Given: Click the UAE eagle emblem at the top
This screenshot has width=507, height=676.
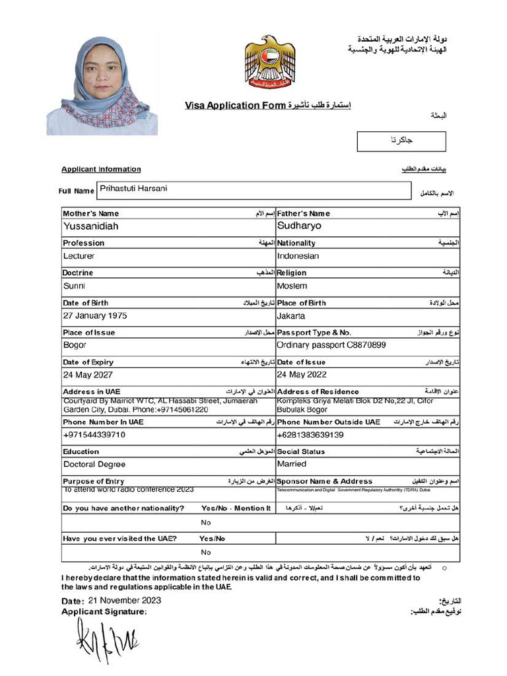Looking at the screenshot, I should tap(270, 61).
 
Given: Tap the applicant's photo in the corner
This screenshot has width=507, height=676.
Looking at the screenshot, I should tap(102, 86).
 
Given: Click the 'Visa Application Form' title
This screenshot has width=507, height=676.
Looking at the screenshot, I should tap(235, 106).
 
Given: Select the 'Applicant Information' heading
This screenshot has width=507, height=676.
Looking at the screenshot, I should tap(101, 169).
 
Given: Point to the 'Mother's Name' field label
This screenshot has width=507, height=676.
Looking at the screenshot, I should tap(91, 213).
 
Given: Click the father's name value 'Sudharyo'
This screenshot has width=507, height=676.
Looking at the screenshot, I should tap(299, 226).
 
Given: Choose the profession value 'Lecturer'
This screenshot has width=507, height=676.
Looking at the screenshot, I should tap(79, 256).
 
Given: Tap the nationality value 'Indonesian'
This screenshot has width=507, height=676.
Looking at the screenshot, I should tap(298, 256).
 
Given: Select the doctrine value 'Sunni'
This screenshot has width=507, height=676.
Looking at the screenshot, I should tap(74, 286).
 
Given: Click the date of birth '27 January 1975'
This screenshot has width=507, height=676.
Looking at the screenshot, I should tap(95, 316).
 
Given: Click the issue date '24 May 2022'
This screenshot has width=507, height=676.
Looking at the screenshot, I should tap(302, 375).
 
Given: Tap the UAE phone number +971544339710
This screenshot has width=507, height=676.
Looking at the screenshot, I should tap(94, 435).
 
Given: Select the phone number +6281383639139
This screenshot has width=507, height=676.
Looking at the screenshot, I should tap(310, 435).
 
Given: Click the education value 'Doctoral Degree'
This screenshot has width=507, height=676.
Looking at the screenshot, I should tap(94, 465).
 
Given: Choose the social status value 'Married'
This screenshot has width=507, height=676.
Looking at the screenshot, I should tap(292, 464).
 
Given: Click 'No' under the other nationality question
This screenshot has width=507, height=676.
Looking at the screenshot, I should tap(206, 522).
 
